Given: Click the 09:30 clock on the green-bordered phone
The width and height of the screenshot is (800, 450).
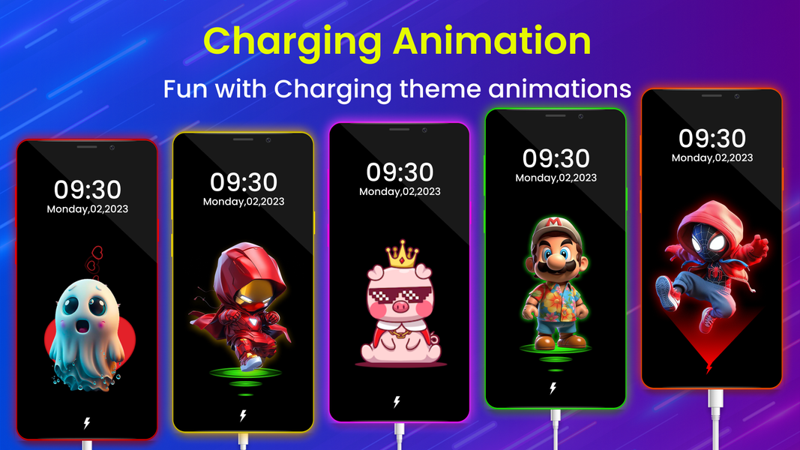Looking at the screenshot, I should point(556,159).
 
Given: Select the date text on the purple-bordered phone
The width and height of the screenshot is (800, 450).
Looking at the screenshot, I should point(400,191).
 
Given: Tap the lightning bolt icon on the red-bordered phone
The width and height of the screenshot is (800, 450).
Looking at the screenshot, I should point(86,423).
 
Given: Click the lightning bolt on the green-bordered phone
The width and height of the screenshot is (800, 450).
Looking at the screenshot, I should point(553,388).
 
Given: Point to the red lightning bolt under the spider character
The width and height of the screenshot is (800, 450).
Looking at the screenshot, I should point(709,367).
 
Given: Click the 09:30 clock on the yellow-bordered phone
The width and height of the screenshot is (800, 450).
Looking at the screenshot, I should point(244,182).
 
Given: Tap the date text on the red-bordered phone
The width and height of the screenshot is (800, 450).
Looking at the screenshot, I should point(88,209).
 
